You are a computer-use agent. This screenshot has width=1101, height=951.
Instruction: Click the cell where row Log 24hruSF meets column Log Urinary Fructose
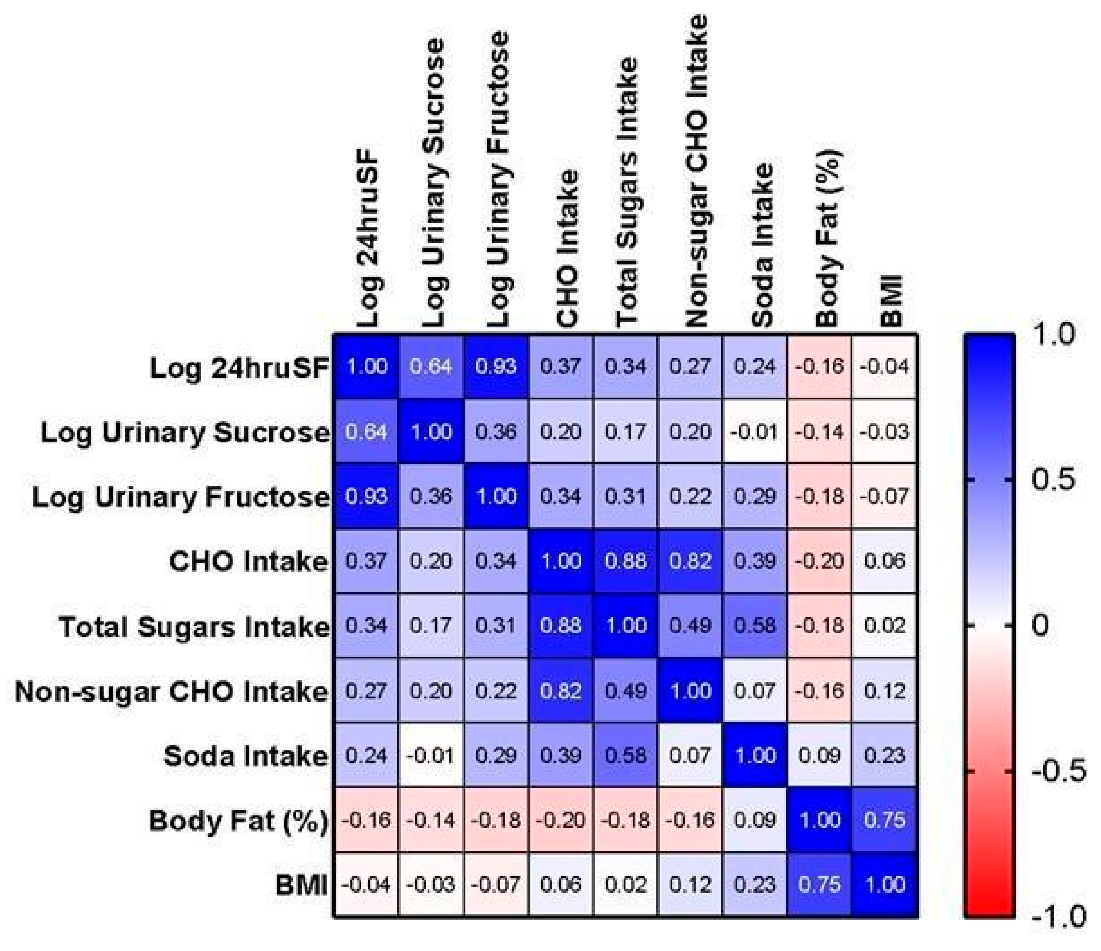(x=496, y=367)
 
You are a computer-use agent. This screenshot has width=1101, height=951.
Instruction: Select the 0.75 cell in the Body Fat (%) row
(x=885, y=820)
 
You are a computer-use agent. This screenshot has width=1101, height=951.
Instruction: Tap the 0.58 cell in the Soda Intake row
(x=625, y=755)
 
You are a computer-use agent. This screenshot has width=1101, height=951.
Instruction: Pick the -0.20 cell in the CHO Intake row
(x=820, y=561)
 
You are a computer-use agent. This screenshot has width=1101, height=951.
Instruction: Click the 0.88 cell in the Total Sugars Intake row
(x=561, y=626)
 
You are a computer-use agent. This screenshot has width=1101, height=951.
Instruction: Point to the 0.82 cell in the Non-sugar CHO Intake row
(x=561, y=691)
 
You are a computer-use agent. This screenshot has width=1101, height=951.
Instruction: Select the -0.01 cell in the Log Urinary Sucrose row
(x=755, y=431)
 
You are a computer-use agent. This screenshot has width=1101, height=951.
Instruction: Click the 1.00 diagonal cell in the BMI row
(x=885, y=885)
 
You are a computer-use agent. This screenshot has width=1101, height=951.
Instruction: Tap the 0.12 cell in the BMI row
(x=690, y=885)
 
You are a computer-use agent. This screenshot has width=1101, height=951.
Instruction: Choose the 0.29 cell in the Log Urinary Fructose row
(x=755, y=496)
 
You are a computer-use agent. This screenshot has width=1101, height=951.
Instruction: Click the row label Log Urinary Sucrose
(x=185, y=432)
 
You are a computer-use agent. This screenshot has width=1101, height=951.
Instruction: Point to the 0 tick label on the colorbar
(x=1040, y=625)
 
